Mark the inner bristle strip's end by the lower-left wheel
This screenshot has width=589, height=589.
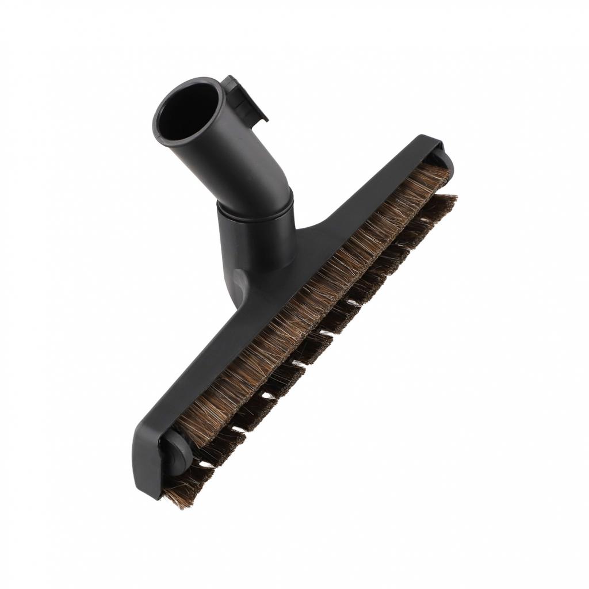pyautogui.click(x=190, y=429)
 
